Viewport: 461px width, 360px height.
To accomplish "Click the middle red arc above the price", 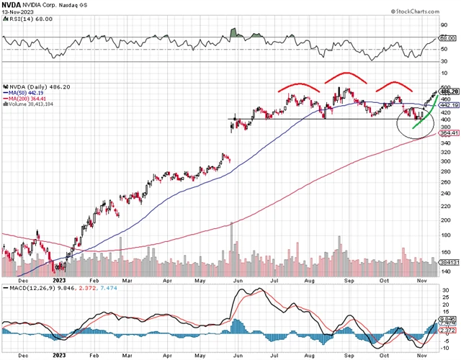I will coord(346,75).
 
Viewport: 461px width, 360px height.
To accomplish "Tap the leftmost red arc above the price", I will coord(298,86).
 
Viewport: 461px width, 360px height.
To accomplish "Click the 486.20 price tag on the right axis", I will coord(448,92).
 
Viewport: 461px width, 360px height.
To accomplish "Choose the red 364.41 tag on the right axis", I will coord(448,132).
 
